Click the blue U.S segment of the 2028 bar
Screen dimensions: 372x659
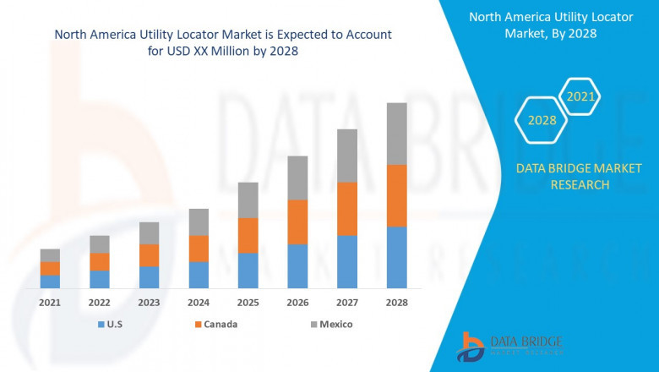pyautogui.click(x=396, y=257)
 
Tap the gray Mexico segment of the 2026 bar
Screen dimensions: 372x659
pyautogui.click(x=297, y=178)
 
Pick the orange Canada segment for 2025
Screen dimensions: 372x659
pyautogui.click(x=248, y=235)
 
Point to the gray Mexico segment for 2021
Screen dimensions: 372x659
pyautogui.click(x=50, y=255)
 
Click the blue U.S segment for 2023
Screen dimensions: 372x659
pyautogui.click(x=149, y=277)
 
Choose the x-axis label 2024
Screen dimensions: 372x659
pyautogui.click(x=199, y=303)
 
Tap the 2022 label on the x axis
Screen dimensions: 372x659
pyautogui.click(x=99, y=303)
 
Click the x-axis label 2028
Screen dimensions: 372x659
pyautogui.click(x=396, y=303)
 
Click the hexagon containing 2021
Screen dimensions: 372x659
pyautogui.click(x=580, y=97)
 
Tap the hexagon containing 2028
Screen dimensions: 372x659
pyautogui.click(x=542, y=120)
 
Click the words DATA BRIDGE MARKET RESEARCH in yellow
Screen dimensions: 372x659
pyautogui.click(x=562, y=178)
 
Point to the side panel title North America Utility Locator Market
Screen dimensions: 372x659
pyautogui.click(x=562, y=26)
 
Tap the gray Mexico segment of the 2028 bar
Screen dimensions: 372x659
pyautogui.click(x=396, y=134)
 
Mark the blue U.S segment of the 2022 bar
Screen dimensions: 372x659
pyautogui.click(x=99, y=279)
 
